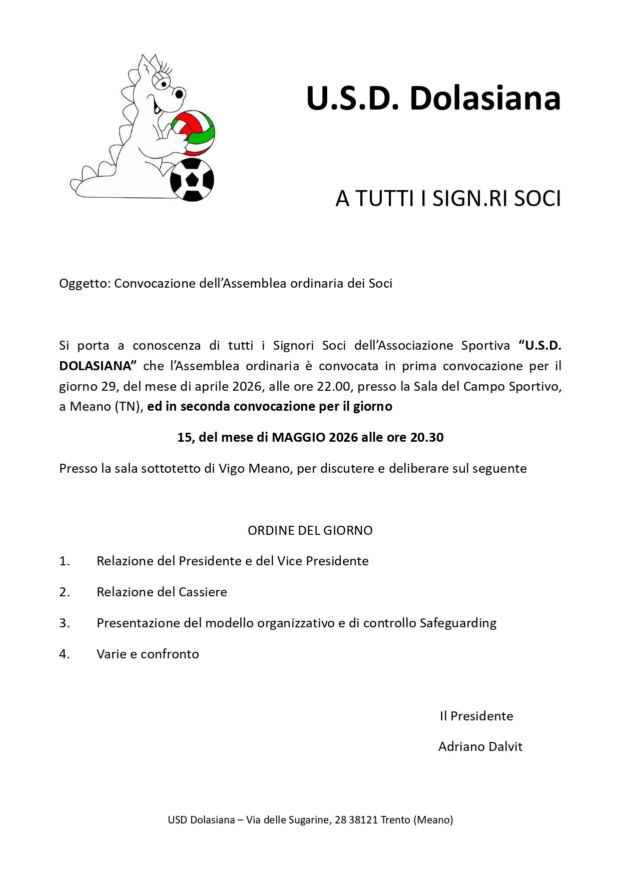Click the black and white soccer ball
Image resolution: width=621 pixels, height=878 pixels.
[192, 180]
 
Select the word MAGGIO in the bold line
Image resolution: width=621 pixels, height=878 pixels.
[298, 437]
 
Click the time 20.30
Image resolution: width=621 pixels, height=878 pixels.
[427, 437]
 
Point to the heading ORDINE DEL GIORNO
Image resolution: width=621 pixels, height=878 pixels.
[310, 530]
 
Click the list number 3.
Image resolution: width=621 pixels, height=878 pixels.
[64, 623]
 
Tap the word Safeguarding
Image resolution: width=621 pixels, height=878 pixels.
[458, 623]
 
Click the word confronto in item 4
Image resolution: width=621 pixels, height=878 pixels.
[170, 654]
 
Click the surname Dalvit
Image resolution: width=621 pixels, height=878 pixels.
[504, 747]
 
